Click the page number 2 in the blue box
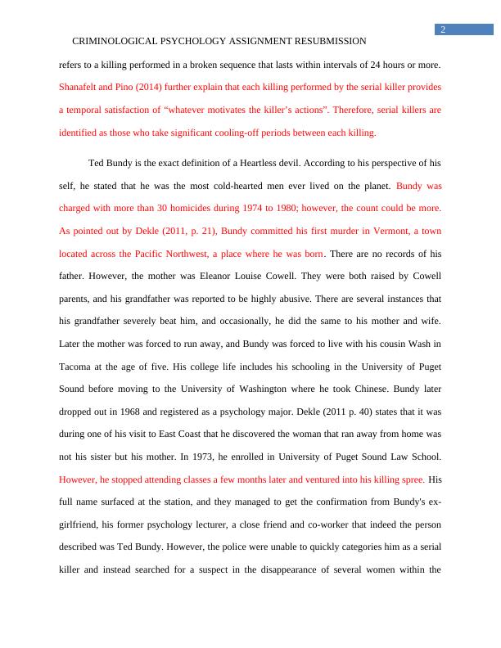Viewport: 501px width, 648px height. (x=443, y=29)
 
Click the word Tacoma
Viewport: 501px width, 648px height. (x=78, y=369)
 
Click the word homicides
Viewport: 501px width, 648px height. (x=192, y=209)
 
